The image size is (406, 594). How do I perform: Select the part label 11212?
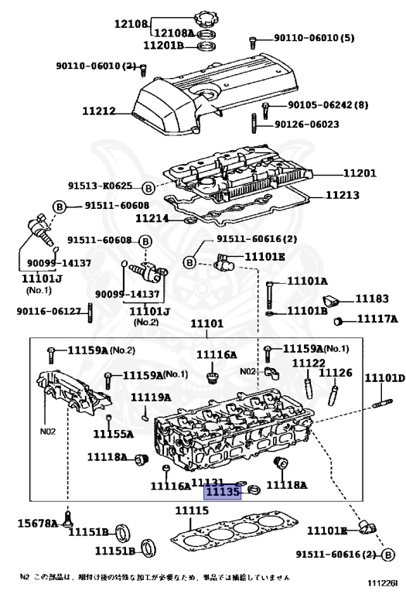pyautogui.click(x=99, y=111)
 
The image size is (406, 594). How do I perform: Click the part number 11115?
pyautogui.click(x=190, y=511)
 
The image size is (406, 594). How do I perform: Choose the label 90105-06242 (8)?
pyautogui.click(x=316, y=105)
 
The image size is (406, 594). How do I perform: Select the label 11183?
pyautogui.click(x=372, y=299)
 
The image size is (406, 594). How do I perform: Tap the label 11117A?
pyautogui.click(x=377, y=319)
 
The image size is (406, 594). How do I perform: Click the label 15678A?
pyautogui.click(x=38, y=524)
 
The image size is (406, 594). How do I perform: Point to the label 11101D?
pyautogui.click(x=384, y=377)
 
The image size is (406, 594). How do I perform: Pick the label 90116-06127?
pyautogui.click(x=48, y=311)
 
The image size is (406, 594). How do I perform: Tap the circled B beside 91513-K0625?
pyautogui.click(x=147, y=186)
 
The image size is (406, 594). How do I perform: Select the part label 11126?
pyautogui.click(x=336, y=373)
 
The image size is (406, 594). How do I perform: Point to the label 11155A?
pyautogui.click(x=114, y=434)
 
